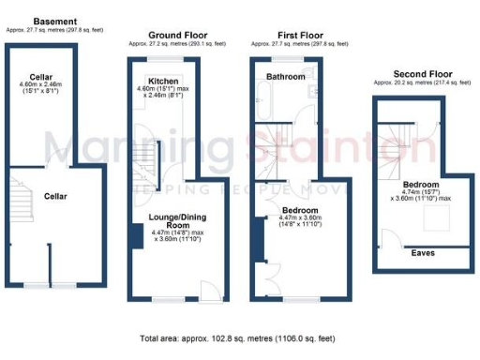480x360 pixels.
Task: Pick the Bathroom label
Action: (282, 74)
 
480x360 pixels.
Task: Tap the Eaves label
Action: (422, 251)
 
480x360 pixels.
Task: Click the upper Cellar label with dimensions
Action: (39, 78)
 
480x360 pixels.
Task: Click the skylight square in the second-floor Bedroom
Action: (433, 220)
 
